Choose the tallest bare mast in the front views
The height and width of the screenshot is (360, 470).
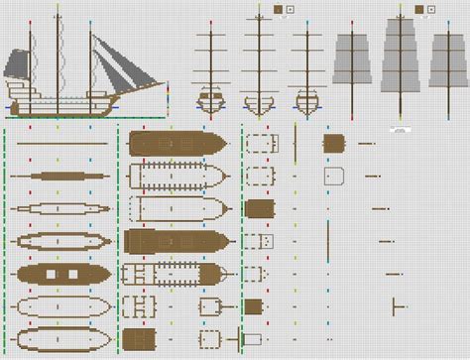[258, 60]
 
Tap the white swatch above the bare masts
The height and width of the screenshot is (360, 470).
[289, 9]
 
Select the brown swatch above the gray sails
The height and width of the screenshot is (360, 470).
[420, 9]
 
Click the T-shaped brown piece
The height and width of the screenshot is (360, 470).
[397, 305]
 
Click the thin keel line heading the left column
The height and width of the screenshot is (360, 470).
[61, 144]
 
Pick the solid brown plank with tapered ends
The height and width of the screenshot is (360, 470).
[61, 176]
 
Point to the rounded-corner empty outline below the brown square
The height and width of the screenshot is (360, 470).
[333, 176]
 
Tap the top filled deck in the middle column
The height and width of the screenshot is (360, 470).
[178, 144]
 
